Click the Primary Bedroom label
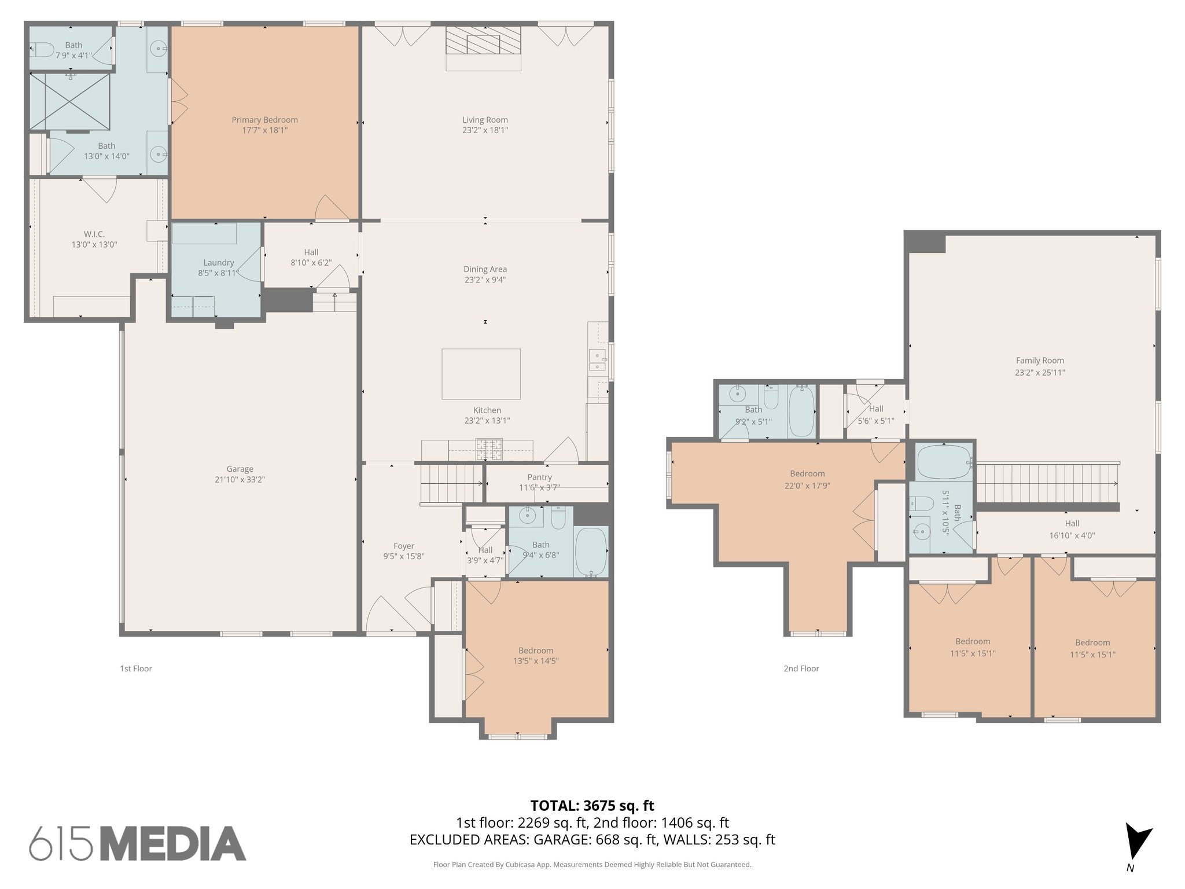264,120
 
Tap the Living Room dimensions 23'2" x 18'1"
485,130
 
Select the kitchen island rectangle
481,374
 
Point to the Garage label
240,469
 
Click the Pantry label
539,477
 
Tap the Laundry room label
218,263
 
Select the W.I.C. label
94,234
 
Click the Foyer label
403,546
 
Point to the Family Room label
1040,360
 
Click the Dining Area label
485,269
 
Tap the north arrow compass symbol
1136,842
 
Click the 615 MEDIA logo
137,843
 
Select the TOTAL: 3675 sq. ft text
592,805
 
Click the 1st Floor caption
136,668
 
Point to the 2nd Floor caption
801,668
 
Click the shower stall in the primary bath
69,101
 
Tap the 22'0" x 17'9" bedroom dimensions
807,486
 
